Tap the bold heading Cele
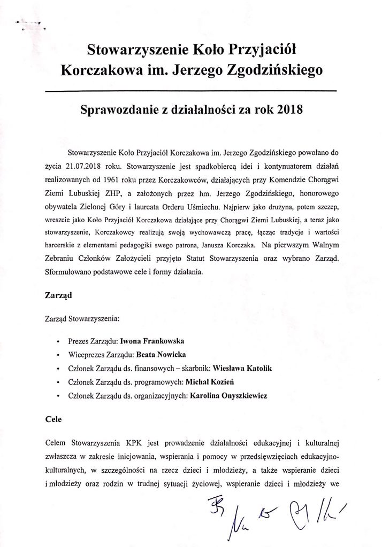pyautogui.click(x=53, y=420)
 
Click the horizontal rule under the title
pyautogui.click(x=190, y=91)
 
